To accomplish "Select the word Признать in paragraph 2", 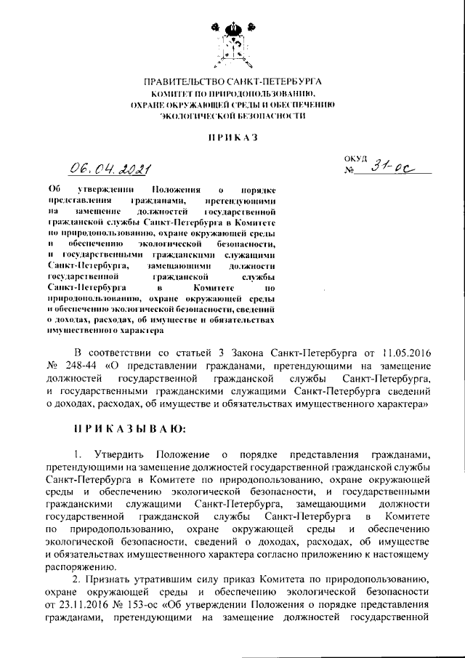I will click(109, 579).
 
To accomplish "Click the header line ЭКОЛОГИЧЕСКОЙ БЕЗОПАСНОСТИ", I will click(232, 116).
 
